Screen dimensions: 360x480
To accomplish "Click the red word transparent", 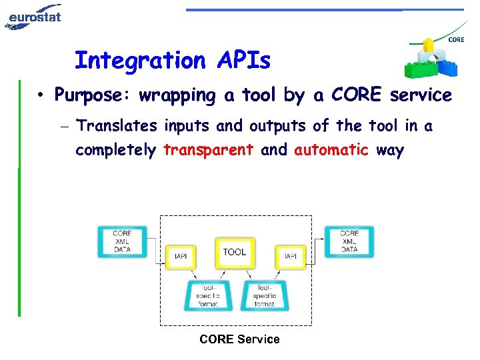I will click(x=208, y=150).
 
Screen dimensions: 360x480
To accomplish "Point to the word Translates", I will click(x=117, y=125).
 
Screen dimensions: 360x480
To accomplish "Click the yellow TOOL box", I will click(x=235, y=252).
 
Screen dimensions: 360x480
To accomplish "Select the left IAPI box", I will click(x=180, y=256).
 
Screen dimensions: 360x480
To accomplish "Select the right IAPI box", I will click(x=291, y=256).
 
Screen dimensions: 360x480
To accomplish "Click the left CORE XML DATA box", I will click(x=122, y=241).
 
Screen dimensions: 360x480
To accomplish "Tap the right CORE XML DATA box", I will click(x=349, y=241).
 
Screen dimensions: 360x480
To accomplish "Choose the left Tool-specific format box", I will click(x=207, y=295).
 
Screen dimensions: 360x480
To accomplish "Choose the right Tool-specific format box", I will click(x=264, y=295).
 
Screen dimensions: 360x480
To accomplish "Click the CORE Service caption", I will click(x=239, y=339).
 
